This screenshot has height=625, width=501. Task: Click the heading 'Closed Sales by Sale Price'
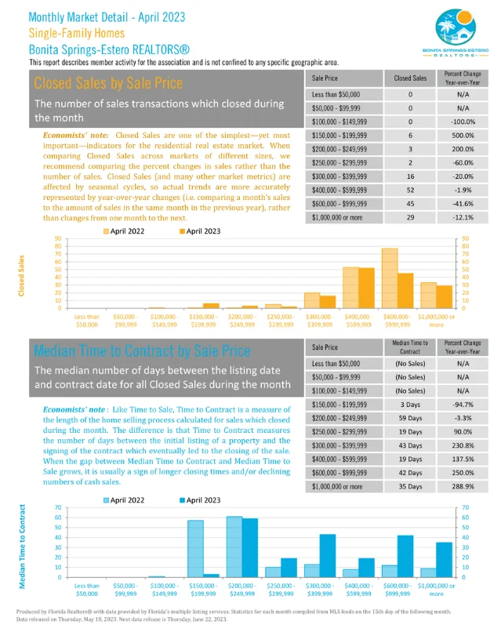[108, 83]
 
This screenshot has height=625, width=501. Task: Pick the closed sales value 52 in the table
[410, 189]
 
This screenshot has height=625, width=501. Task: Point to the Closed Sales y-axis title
[21, 274]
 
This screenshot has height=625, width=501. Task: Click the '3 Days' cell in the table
[410, 404]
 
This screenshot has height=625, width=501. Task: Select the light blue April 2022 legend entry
[126, 499]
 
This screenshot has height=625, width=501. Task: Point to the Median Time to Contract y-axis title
[23, 546]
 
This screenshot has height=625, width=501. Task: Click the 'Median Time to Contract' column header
[410, 346]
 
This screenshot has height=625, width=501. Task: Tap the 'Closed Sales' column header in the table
[410, 78]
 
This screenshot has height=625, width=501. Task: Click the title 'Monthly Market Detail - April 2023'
[106, 16]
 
